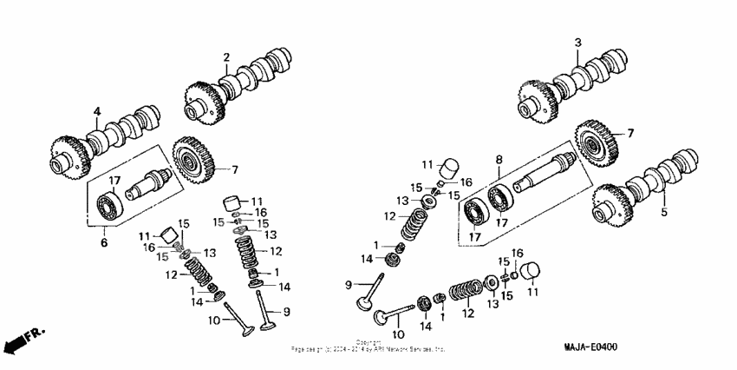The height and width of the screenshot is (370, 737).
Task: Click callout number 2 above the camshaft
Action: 226,57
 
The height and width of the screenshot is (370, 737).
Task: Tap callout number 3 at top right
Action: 577,42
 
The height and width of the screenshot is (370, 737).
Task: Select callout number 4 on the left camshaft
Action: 97,110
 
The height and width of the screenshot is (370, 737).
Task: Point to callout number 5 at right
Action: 664,210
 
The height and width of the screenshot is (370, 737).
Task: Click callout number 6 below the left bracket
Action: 104,243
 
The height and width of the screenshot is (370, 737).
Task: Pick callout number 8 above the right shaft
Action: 499,159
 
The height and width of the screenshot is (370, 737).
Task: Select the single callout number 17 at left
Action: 113,180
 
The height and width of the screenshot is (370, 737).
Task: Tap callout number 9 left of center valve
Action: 349,284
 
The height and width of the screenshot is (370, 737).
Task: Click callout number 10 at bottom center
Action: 400,334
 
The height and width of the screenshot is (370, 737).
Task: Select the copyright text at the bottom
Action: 368,346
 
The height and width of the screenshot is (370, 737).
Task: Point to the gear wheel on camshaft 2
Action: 201,102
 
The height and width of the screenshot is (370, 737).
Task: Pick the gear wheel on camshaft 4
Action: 69,156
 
